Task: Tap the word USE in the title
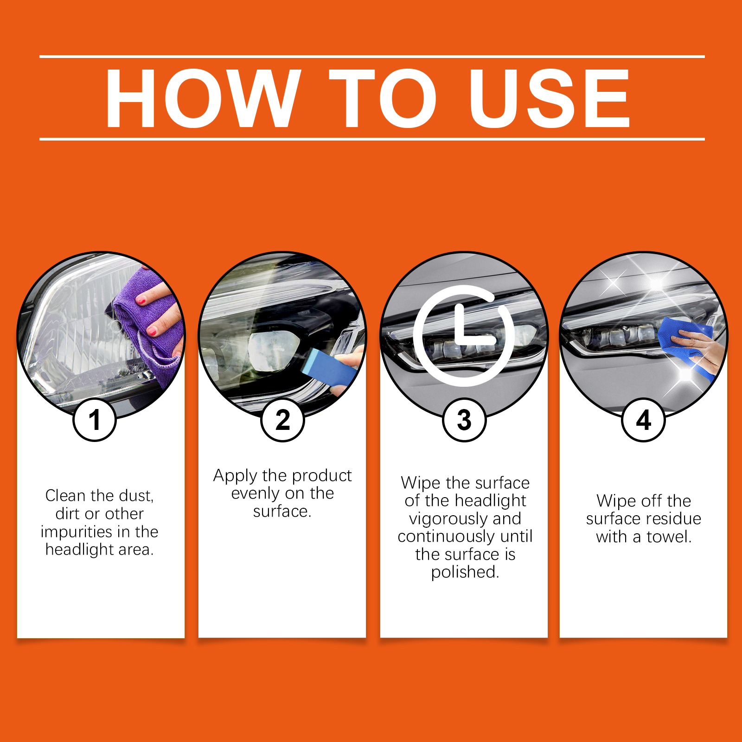550,98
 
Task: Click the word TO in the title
383,98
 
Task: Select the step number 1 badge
95,420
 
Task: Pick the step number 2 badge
283,420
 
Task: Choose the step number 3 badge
464,420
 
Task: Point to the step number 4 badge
644,420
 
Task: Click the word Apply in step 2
235,476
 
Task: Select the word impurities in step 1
77,532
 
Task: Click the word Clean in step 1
65,496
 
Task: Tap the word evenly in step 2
255,494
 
